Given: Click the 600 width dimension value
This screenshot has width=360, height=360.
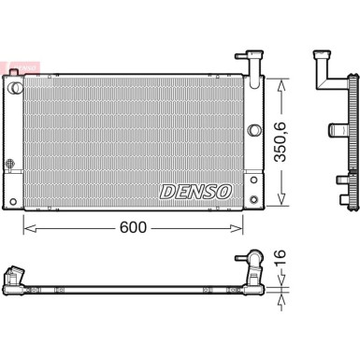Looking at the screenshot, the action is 133,227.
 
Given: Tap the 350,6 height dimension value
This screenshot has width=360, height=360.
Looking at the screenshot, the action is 280,142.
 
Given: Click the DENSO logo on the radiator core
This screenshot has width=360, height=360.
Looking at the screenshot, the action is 196,191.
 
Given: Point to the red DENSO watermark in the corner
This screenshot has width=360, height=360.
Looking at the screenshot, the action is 21,66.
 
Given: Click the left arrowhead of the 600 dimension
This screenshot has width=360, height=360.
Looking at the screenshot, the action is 30,228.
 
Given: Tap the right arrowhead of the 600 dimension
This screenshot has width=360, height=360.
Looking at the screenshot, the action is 236,228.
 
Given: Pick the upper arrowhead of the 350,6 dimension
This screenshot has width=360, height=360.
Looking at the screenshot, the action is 281,85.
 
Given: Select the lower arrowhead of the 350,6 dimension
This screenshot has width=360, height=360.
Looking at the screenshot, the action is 281,199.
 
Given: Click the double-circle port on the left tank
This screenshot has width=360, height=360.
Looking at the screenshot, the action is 15,88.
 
